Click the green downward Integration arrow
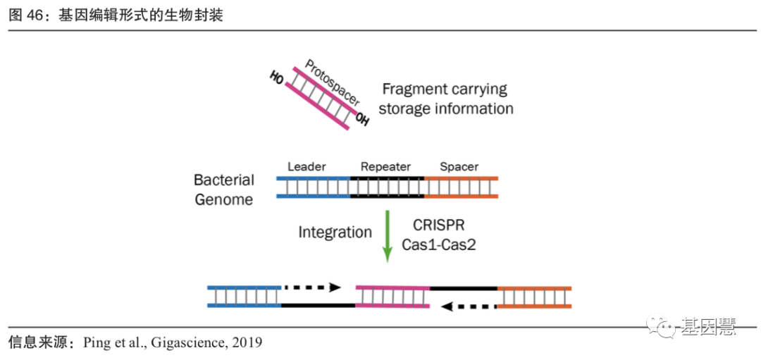pyautogui.click(x=387, y=236)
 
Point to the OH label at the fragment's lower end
pyautogui.click(x=362, y=119)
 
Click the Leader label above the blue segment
pyautogui.click(x=307, y=167)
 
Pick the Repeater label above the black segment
pyautogui.click(x=385, y=167)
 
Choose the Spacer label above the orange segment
pyautogui.click(x=459, y=167)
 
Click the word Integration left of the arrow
pyautogui.click(x=335, y=232)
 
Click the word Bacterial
pyautogui.click(x=224, y=180)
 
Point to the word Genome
pyautogui.click(x=224, y=199)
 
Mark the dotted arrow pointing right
pyautogui.click(x=312, y=287)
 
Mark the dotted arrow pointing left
pyautogui.click(x=468, y=306)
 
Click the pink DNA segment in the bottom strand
pyautogui.click(x=392, y=297)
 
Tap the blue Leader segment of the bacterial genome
pyautogui.click(x=313, y=187)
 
